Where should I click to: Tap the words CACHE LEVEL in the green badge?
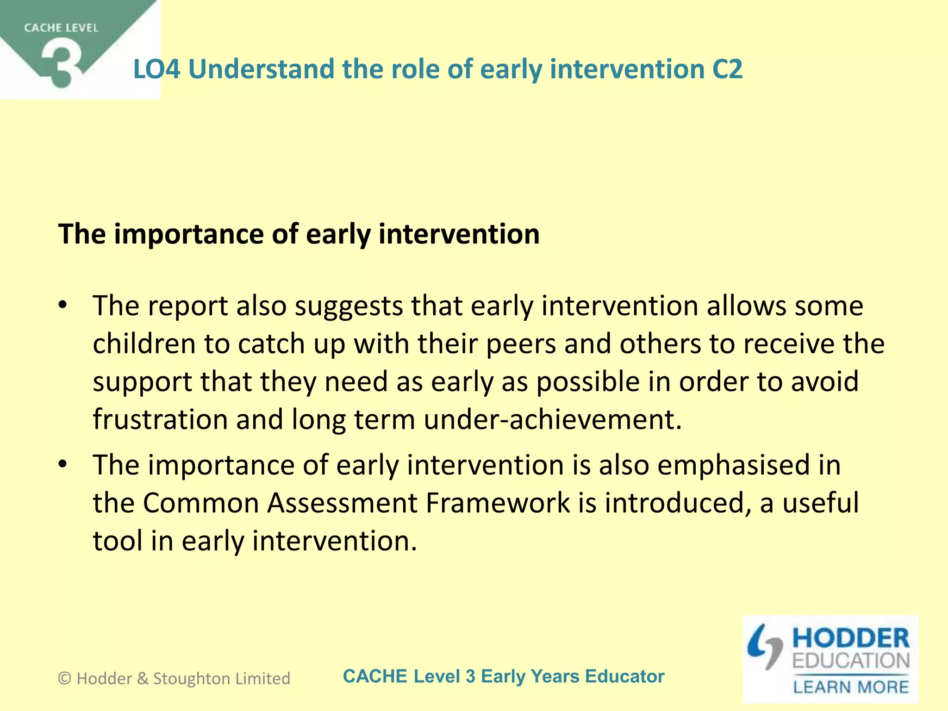coord(61,28)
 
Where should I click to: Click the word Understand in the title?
coord(261,69)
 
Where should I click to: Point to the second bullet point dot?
coord(63,463)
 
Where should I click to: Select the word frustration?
coord(160,419)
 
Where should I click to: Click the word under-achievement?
coord(553,419)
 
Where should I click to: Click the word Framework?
coord(498,503)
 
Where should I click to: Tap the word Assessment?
coord(343,503)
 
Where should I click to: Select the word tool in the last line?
coord(118,541)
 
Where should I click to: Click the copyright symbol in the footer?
coord(65,679)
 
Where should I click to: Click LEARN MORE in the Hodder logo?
coord(851,687)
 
